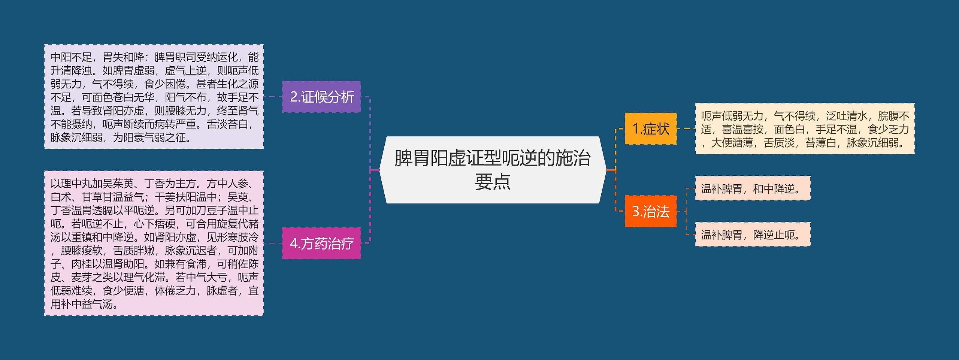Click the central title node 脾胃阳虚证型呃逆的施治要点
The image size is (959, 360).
(492, 170)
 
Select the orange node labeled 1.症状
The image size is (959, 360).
(651, 129)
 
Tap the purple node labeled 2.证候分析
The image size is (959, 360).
(321, 97)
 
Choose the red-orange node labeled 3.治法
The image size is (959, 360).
(651, 211)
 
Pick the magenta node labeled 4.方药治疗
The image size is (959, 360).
(321, 243)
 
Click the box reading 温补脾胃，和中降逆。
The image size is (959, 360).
(752, 188)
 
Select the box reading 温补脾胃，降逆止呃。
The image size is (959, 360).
(752, 235)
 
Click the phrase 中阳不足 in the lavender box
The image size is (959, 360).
(71, 57)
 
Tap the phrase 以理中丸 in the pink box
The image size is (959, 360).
(71, 184)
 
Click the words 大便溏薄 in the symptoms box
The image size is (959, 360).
(732, 143)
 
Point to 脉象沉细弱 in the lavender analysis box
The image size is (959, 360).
(76, 138)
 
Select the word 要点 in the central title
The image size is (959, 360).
(492, 182)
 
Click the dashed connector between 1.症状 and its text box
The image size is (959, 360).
(686, 129)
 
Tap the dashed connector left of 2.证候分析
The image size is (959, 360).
(273, 97)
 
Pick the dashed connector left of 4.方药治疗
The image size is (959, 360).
(273, 243)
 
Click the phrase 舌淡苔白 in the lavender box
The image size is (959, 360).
(227, 124)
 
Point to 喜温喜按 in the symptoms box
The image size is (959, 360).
(742, 130)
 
